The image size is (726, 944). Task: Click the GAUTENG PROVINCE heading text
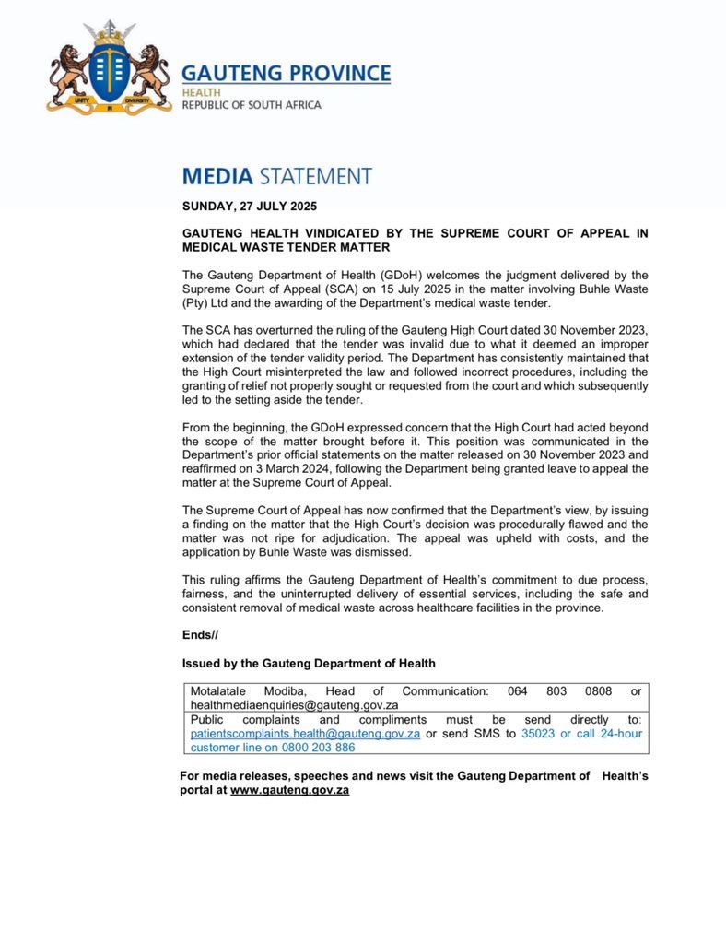tap(286, 74)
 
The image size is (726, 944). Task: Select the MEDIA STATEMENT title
tap(276, 175)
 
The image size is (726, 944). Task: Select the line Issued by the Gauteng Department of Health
tap(309, 664)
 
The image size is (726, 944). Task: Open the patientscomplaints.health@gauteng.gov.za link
tap(305, 734)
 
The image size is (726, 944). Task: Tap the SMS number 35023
tap(539, 734)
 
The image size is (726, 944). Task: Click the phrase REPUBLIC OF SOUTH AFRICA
tap(252, 105)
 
